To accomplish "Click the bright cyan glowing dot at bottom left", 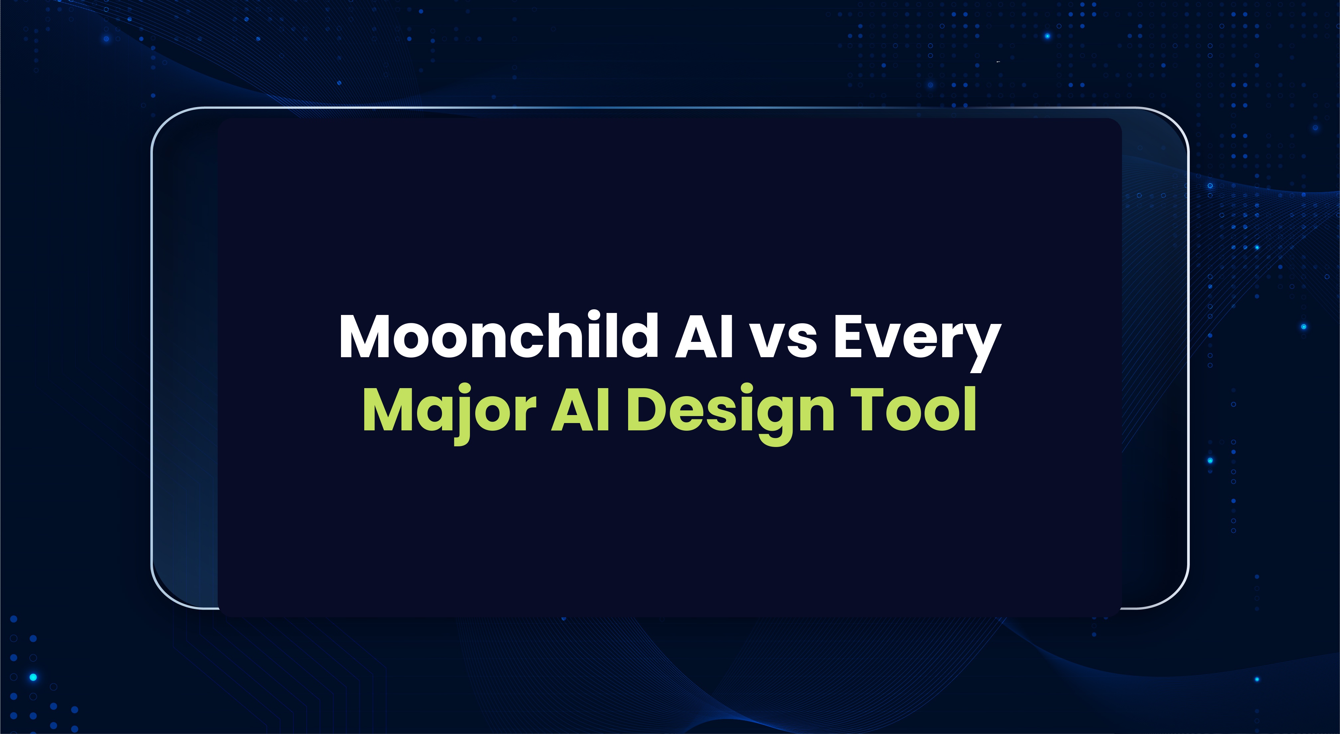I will (33, 677).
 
